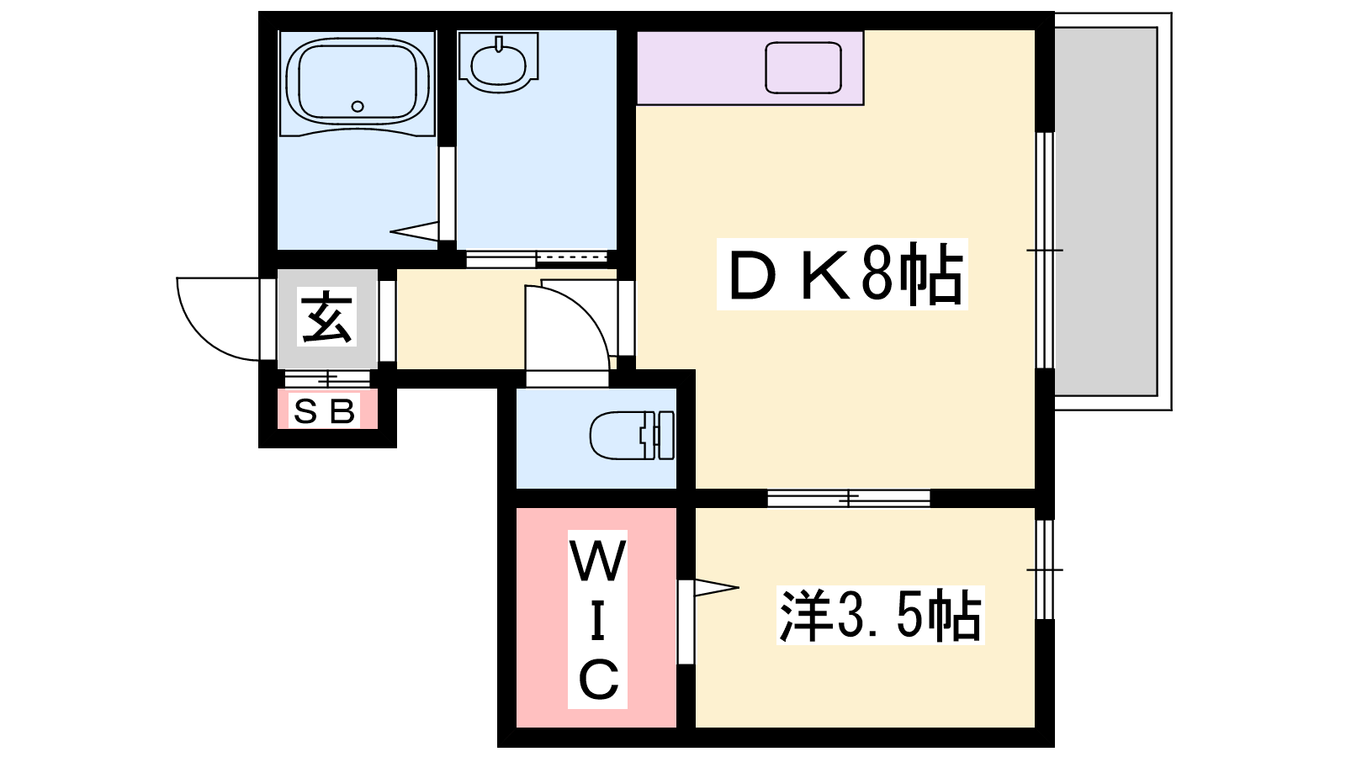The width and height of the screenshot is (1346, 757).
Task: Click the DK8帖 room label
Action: pyautogui.click(x=842, y=274)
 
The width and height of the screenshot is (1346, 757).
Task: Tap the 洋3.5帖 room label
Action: pyautogui.click(x=880, y=615)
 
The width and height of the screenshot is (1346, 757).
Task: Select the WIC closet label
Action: pyautogui.click(x=598, y=619)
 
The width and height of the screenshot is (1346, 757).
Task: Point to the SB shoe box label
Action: pyautogui.click(x=325, y=411)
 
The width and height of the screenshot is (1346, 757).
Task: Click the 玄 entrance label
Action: pyautogui.click(x=327, y=316)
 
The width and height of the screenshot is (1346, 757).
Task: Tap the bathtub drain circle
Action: pyautogui.click(x=358, y=106)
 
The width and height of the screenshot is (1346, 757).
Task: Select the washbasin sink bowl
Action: pyautogui.click(x=498, y=65)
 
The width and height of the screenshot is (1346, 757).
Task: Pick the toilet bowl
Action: pyautogui.click(x=632, y=435)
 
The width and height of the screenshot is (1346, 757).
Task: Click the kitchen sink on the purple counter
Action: pyautogui.click(x=803, y=67)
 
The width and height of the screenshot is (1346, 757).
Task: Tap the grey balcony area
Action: pyautogui.click(x=1105, y=211)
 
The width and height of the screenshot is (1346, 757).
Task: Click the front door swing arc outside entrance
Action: pyautogui.click(x=201, y=336)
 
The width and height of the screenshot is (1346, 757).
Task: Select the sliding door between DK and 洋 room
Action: pyautogui.click(x=849, y=498)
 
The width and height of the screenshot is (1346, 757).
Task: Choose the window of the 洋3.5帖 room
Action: pyautogui.click(x=1046, y=569)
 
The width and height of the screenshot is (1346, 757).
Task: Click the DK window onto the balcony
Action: pyautogui.click(x=1046, y=250)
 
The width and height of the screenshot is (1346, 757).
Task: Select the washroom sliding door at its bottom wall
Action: pyautogui.click(x=537, y=258)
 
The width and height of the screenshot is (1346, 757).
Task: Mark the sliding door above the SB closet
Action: pyautogui.click(x=327, y=379)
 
